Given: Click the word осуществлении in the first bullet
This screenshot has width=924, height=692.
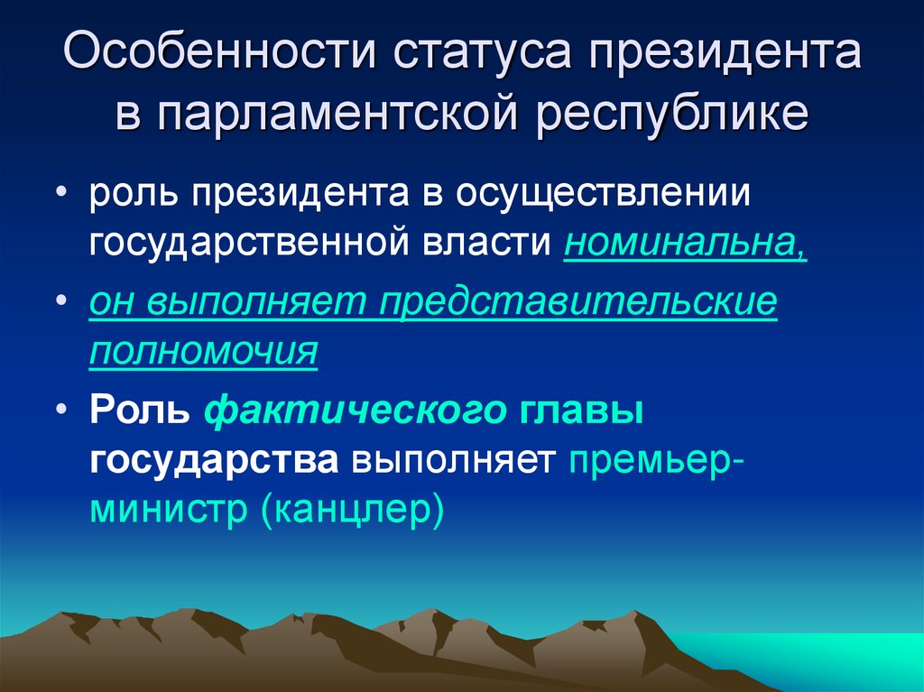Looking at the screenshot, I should pos(604,195).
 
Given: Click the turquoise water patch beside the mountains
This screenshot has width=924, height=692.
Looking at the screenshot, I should pos(812,654).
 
